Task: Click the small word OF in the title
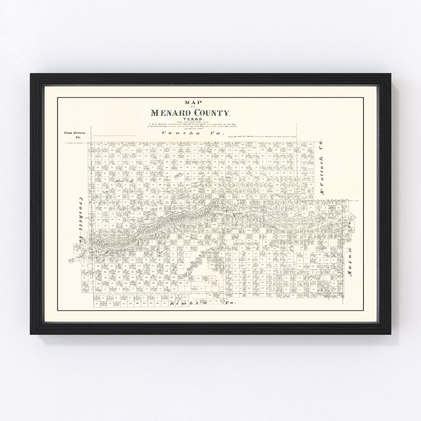(191, 106)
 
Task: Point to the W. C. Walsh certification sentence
(191, 126)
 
